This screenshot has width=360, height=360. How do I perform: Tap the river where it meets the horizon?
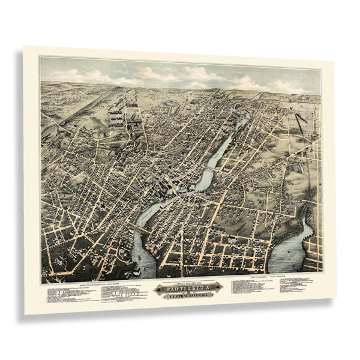click(x=257, y=96)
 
